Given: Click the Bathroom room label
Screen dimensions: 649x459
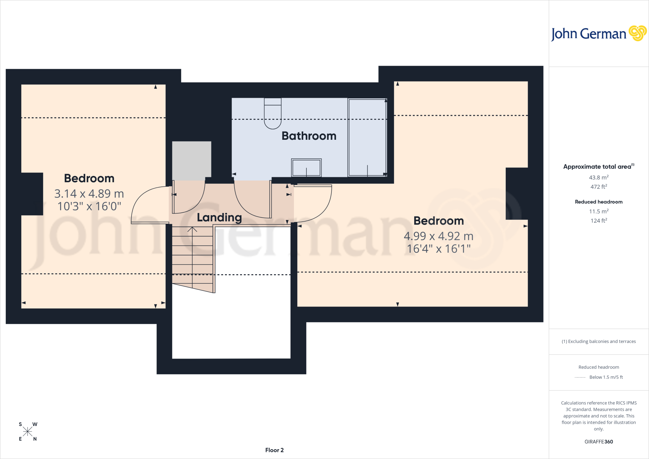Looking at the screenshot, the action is click(309, 136).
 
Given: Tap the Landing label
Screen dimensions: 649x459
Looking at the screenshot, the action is click(219, 217).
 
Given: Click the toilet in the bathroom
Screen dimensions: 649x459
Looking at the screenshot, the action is click(273, 113).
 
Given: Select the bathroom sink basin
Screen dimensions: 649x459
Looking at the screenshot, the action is click(306, 168).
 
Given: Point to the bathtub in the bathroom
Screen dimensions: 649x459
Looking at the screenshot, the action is click(367, 137).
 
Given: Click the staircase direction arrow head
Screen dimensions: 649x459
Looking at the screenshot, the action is click(192, 229).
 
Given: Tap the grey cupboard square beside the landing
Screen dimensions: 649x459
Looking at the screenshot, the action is click(192, 159).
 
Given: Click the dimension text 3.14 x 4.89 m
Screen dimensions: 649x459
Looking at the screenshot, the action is click(89, 193).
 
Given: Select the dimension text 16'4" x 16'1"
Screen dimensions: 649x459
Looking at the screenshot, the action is click(439, 249).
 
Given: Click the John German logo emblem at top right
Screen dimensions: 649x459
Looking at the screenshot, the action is click(638, 33).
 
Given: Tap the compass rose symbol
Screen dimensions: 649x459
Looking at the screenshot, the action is click(28, 431).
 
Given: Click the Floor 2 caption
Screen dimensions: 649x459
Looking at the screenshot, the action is click(274, 450).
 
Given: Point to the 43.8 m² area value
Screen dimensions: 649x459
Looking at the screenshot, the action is click(599, 178).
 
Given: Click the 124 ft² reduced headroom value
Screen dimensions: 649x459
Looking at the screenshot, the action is click(599, 221).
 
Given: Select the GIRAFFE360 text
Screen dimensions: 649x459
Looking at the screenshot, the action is click(599, 442).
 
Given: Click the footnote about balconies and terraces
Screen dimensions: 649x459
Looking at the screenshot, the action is click(599, 341).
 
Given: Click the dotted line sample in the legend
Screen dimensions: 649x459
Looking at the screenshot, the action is click(580, 378).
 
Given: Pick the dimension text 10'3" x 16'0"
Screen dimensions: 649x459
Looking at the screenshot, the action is click(89, 206).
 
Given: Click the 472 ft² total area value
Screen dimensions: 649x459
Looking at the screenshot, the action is click(599, 187).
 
